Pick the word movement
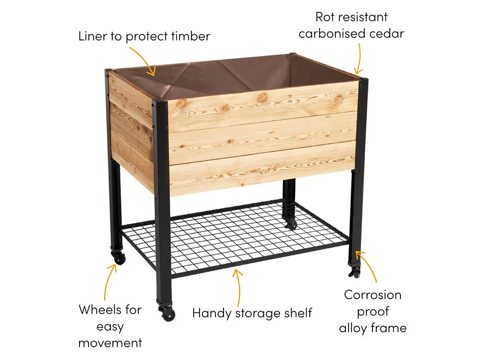pos(110,343)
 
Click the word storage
pos(255,313)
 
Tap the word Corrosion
pos(372,295)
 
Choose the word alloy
pos(353,328)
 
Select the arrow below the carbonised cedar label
pos(360,58)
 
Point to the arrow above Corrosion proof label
pos(369,265)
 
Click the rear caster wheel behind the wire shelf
pos(291,224)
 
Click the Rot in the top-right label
pos(325,17)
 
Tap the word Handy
pos(212,314)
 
